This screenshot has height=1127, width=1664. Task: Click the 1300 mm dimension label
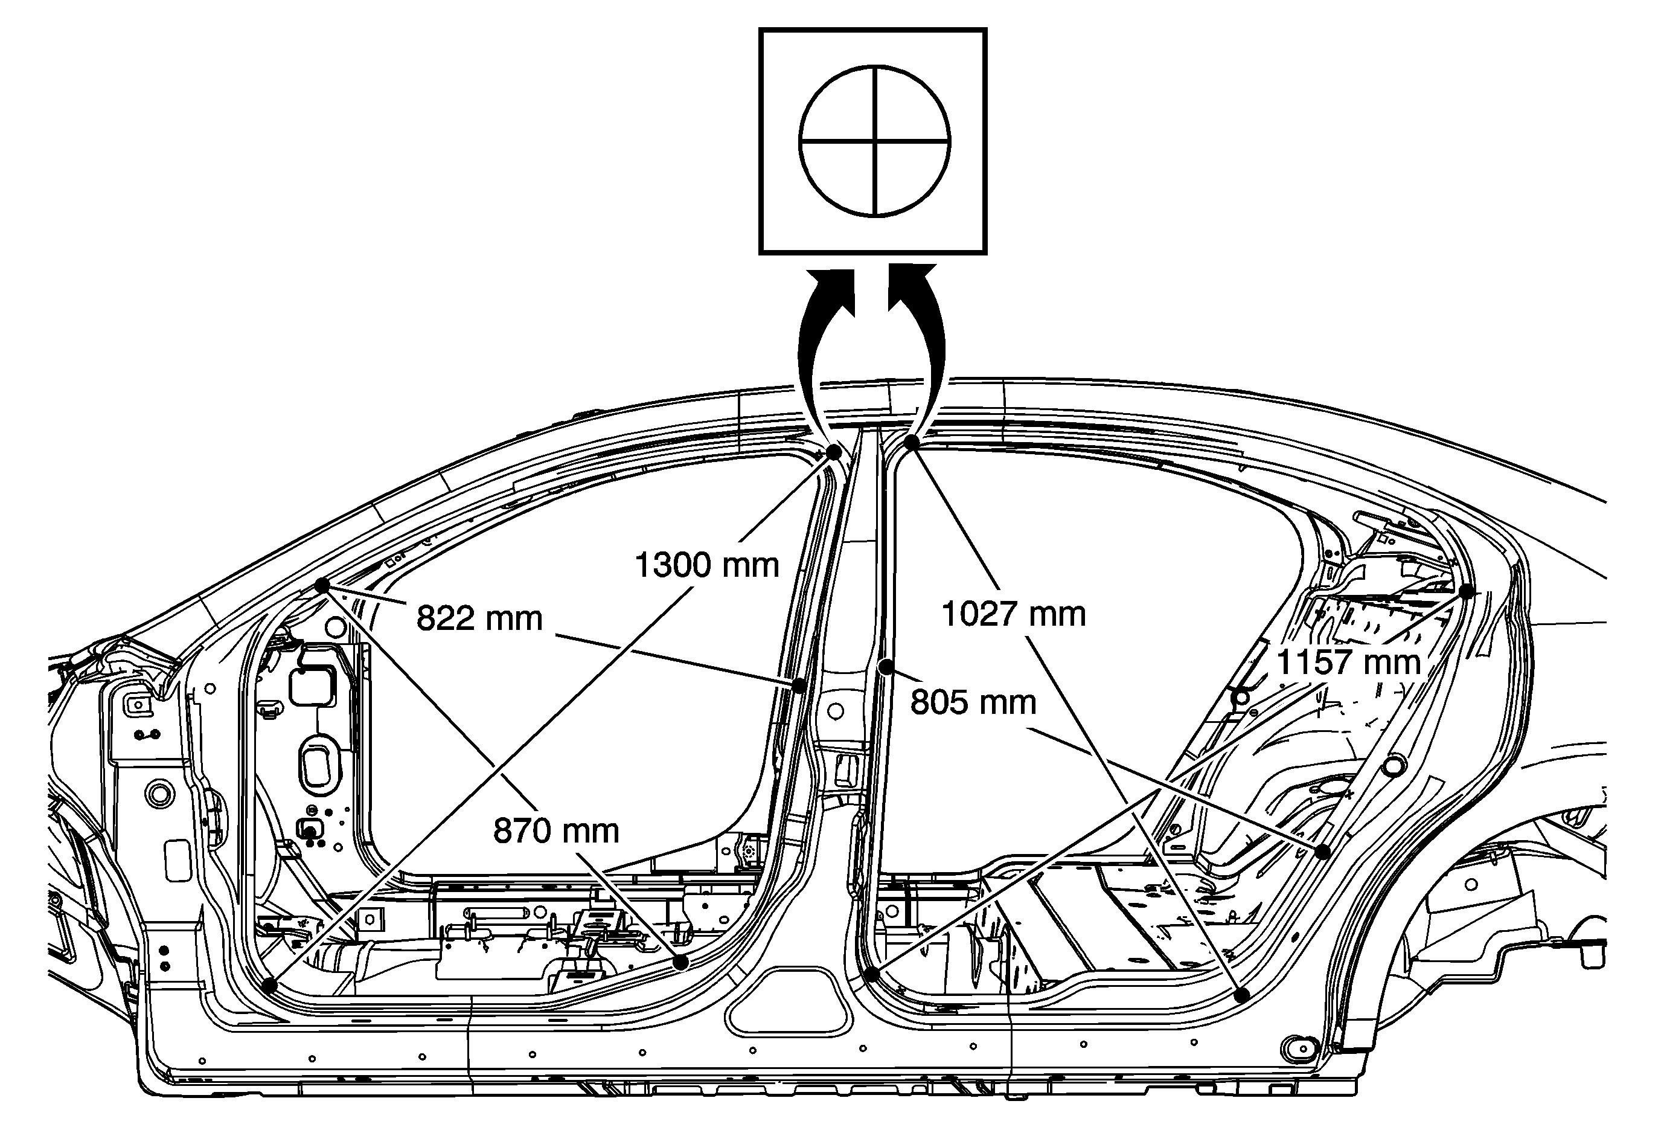tap(706, 565)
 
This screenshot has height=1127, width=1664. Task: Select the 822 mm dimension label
tap(479, 618)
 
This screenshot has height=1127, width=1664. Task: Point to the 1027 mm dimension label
tap(1013, 614)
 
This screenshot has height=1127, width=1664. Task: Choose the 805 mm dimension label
tap(973, 702)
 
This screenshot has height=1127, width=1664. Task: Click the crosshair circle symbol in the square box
tap(874, 141)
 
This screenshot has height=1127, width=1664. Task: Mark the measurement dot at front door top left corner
tap(322, 586)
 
